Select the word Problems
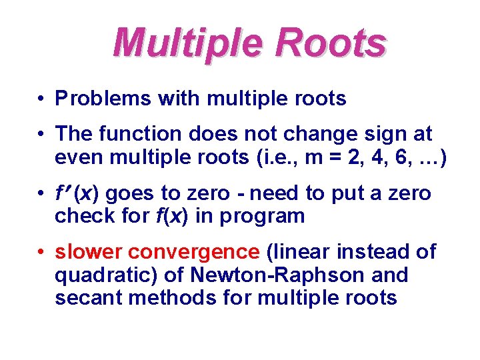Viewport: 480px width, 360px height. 104,99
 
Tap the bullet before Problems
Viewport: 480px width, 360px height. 41,99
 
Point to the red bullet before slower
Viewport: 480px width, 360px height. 41,252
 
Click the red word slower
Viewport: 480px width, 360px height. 88,252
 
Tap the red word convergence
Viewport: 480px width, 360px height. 193,252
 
